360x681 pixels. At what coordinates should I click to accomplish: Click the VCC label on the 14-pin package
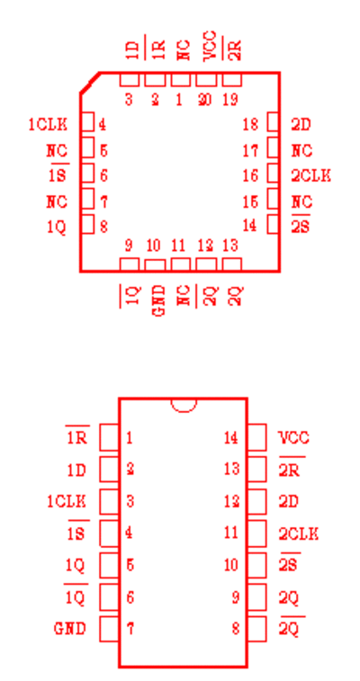point(293,438)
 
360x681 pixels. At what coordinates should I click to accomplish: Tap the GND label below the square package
point(160,300)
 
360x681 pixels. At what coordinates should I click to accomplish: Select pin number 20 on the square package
point(205,100)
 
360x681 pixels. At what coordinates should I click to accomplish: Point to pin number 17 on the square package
point(250,151)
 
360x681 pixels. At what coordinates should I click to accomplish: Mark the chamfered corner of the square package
point(90,83)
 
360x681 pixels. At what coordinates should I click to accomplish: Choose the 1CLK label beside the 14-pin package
point(67,502)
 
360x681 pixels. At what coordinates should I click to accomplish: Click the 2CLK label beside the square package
point(310,176)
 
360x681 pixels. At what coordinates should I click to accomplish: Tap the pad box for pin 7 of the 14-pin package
point(109,629)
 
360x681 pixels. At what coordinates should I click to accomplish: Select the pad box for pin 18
point(273,121)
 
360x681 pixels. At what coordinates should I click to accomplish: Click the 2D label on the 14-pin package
point(288,502)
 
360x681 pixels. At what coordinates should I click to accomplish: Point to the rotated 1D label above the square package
point(135,50)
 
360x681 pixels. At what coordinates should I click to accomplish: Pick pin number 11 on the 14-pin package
point(231,533)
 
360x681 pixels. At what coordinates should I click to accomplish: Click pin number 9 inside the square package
point(129,246)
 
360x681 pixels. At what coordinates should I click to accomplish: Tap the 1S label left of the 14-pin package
point(76,533)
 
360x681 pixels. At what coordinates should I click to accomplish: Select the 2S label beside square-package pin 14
point(300,227)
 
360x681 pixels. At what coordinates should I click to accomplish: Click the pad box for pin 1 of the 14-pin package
point(109,437)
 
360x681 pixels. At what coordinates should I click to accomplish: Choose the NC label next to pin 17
point(301,151)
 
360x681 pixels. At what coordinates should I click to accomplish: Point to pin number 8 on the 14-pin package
point(236,629)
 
